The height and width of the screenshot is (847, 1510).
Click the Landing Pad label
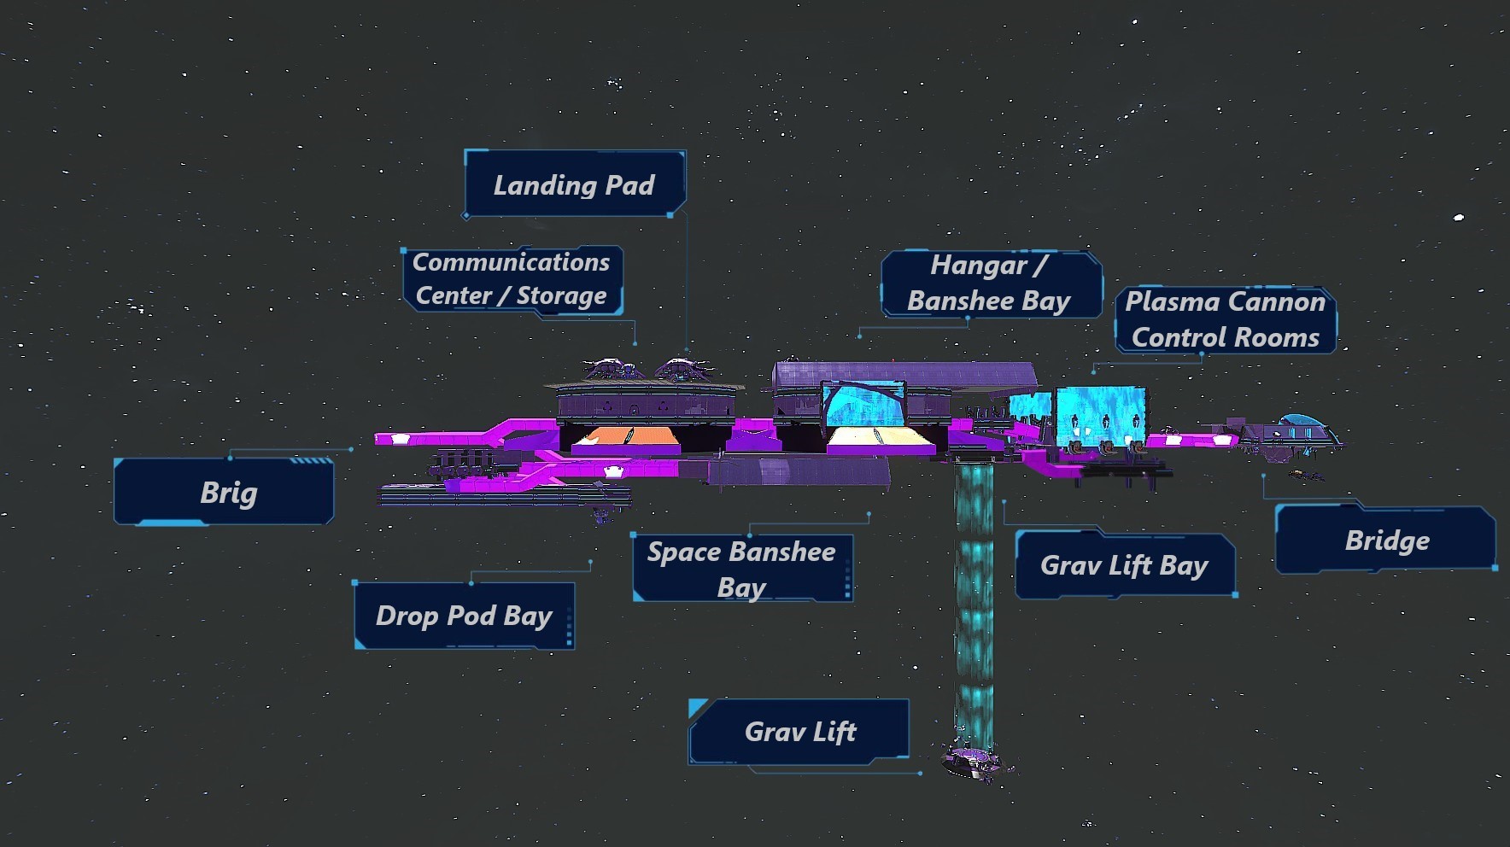coord(575,184)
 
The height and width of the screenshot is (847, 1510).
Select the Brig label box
coord(224,492)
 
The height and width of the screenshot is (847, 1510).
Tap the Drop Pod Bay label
coord(464,616)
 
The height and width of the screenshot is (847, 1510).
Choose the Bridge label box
coord(1385,540)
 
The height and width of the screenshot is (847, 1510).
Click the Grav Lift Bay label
coord(1125,564)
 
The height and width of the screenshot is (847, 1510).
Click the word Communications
coord(511,262)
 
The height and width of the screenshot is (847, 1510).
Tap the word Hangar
coord(979,266)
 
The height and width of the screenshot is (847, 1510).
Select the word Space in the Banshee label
coord(684,552)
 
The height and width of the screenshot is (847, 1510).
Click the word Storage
coord(561,295)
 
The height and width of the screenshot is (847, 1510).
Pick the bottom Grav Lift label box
coord(799,731)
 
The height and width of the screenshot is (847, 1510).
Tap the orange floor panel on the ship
coord(628,438)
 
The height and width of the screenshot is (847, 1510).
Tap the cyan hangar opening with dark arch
coord(863,405)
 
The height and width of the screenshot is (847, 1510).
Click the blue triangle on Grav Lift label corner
coord(697,707)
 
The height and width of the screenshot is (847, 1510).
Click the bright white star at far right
coord(1459,218)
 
